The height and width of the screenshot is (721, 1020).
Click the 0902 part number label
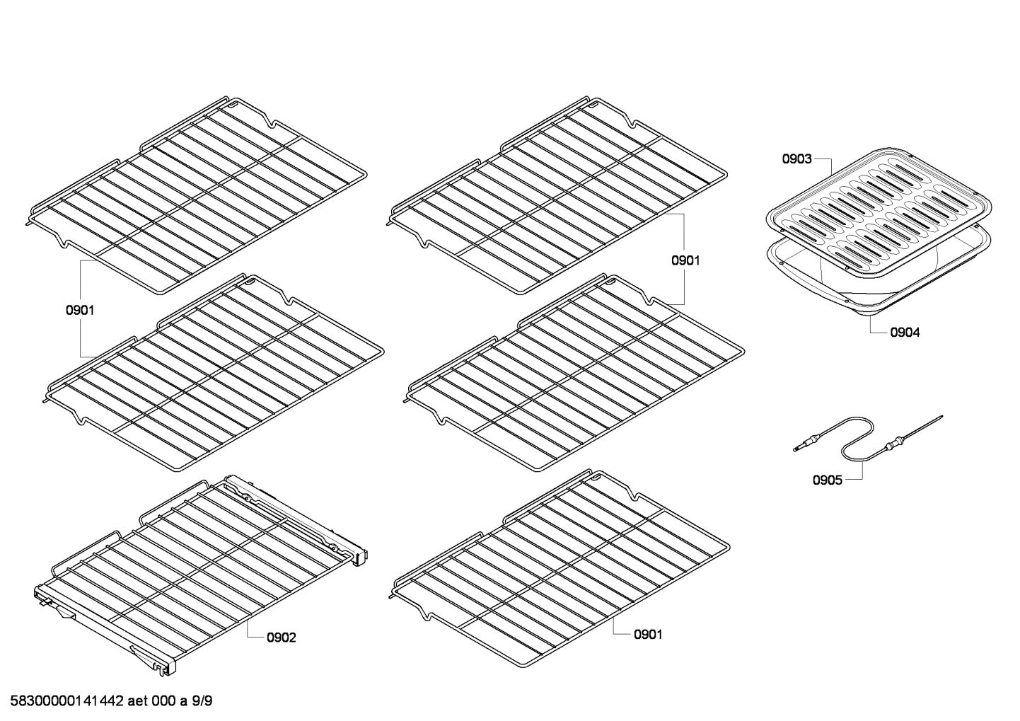(x=281, y=638)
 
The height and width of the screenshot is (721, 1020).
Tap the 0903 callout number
(x=796, y=159)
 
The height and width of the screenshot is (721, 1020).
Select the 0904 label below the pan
(x=905, y=332)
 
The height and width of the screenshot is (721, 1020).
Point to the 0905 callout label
(x=827, y=480)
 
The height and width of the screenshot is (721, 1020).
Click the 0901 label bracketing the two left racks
(x=80, y=310)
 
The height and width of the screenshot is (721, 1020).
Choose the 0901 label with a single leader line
(x=647, y=635)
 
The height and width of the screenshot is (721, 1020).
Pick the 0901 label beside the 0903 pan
(x=685, y=260)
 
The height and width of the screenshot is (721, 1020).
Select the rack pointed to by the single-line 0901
(x=559, y=566)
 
